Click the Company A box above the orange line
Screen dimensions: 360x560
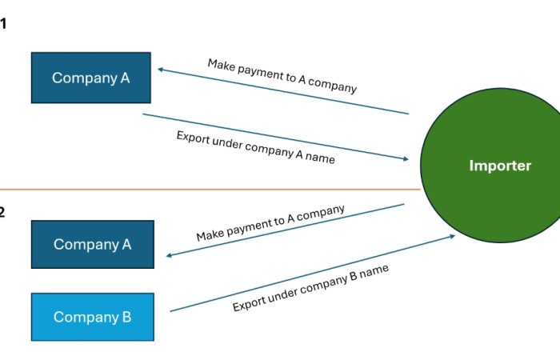90,78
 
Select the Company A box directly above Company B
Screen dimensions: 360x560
92,245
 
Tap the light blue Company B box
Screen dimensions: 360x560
92,317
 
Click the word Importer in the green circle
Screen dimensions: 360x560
499,166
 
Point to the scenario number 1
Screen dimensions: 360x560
3,24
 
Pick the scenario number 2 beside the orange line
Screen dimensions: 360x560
2,212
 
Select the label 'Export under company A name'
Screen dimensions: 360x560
255,147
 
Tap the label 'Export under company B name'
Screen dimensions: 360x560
310,288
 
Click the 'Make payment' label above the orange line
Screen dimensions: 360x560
282,76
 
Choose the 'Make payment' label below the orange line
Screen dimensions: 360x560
270,223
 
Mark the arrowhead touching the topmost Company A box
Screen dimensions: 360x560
161,70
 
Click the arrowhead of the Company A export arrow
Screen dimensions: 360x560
405,159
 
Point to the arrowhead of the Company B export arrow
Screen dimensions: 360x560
452,236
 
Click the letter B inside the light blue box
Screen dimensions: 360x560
126,317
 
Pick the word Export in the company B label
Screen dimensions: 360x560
248,303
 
